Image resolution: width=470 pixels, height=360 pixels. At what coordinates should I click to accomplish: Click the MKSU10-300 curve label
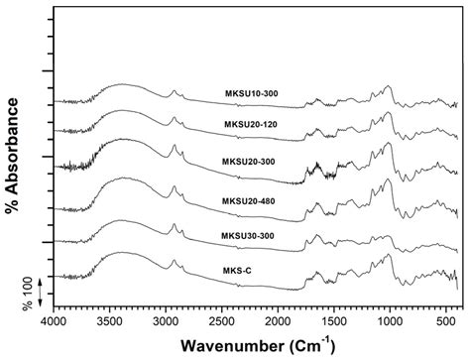(x=251, y=93)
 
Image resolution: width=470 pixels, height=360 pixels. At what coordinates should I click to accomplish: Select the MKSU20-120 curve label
(x=251, y=123)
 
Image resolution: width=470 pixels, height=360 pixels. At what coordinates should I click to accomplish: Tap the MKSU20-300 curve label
(x=251, y=161)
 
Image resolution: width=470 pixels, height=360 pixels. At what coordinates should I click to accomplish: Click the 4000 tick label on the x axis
(x=54, y=320)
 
